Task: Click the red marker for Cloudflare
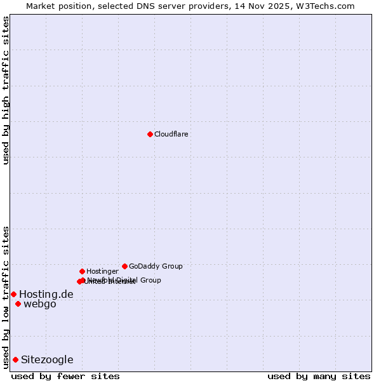pyautogui.click(x=150, y=134)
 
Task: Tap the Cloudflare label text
pyautogui.click(x=171, y=135)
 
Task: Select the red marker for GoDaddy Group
pyautogui.click(x=124, y=266)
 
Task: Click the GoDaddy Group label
pyautogui.click(x=156, y=267)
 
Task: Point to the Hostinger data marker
pyautogui.click(x=82, y=271)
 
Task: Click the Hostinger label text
pyautogui.click(x=102, y=272)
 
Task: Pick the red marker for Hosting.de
pyautogui.click(x=13, y=294)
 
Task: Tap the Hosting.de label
pyautogui.click(x=46, y=295)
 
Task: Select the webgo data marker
pyautogui.click(x=18, y=304)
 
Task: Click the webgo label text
pyautogui.click(x=40, y=304)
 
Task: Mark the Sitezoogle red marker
pyautogui.click(x=15, y=359)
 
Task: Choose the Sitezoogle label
pyautogui.click(x=47, y=360)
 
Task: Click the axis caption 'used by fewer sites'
pyautogui.click(x=65, y=376)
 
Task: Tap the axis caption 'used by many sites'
pyautogui.click(x=319, y=376)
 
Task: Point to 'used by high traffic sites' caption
pyautogui.click(x=6, y=90)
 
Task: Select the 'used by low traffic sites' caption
pyautogui.click(x=6, y=297)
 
